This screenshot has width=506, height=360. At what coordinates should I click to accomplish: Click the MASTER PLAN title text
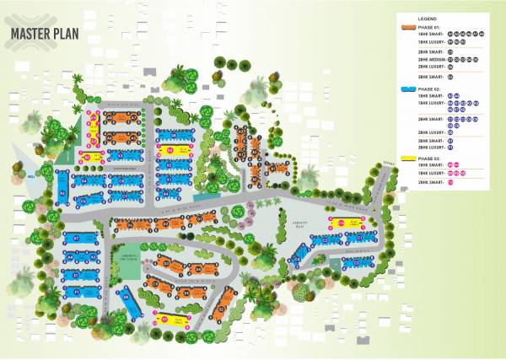pos(45,34)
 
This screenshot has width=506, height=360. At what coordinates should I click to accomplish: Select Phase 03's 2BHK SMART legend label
pos(429,182)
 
